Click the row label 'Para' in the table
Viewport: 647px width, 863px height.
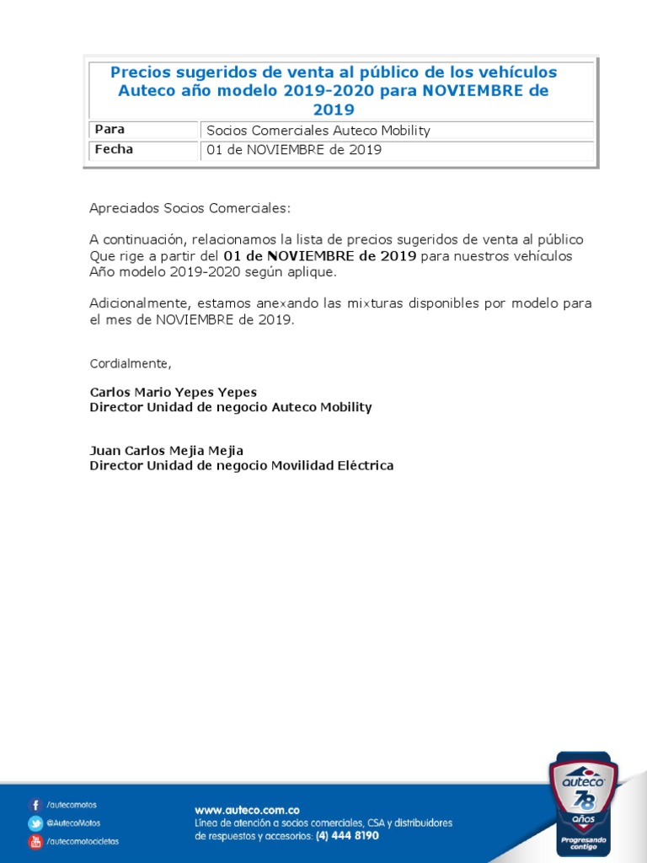click(x=110, y=130)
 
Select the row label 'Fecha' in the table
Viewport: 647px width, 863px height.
click(x=114, y=150)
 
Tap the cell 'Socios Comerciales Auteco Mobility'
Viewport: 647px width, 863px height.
click(x=318, y=131)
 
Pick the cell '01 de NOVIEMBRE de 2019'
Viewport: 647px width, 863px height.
click(x=294, y=150)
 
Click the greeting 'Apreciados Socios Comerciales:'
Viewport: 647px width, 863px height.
click(x=190, y=208)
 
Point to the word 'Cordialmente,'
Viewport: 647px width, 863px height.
click(x=131, y=363)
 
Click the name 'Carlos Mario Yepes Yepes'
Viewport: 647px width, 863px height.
click(x=174, y=393)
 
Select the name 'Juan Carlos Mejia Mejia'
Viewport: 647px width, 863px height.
click(x=167, y=451)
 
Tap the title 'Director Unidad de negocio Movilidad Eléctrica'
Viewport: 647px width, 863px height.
click(x=242, y=465)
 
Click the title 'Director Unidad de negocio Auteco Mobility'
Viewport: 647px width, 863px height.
click(x=231, y=407)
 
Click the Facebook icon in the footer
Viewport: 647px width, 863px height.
click(x=35, y=805)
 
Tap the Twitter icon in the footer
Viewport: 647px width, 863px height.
click(x=35, y=823)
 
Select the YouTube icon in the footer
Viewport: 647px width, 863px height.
click(x=35, y=841)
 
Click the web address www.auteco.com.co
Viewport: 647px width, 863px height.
click(x=247, y=809)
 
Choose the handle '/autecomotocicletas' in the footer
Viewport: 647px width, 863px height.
click(x=83, y=841)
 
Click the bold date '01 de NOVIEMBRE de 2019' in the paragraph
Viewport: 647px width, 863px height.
click(x=320, y=256)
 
